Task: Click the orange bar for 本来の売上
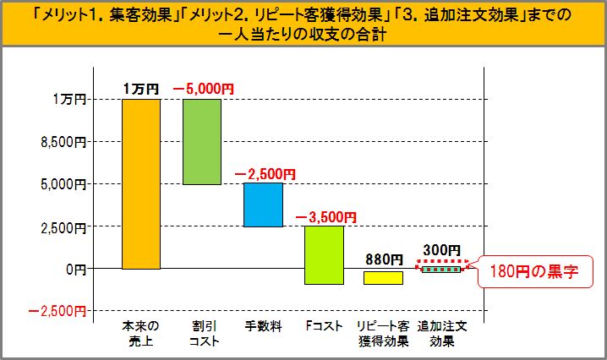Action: pos(140,184)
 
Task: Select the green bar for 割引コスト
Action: pos(201,142)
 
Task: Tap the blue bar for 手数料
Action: pos(263,205)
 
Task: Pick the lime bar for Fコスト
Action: pos(324,254)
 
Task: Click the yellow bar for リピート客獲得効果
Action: pos(384,277)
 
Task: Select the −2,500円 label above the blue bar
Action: pos(265,173)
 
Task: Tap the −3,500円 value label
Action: pos(325,216)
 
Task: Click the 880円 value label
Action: pos(384,259)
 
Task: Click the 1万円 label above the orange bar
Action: pos(139,89)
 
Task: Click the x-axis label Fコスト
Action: pos(324,325)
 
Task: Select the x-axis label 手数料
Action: pos(262,325)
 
